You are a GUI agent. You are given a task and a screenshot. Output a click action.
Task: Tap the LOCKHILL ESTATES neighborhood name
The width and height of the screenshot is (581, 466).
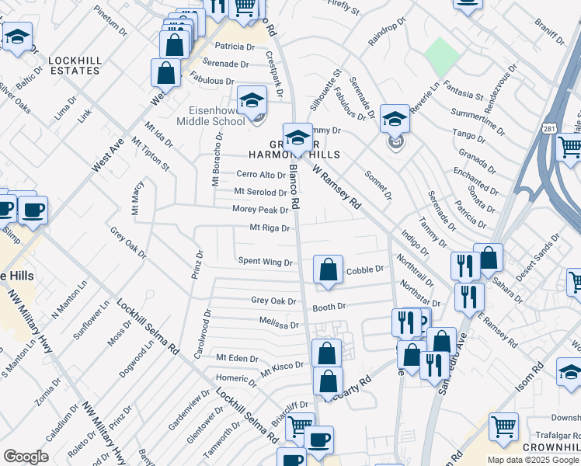pyautogui.click(x=74, y=65)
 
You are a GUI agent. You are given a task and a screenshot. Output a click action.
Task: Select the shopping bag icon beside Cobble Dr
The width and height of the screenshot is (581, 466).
pyautogui.click(x=329, y=270)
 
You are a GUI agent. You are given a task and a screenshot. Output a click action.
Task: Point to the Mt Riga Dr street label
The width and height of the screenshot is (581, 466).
pyautogui.click(x=269, y=228)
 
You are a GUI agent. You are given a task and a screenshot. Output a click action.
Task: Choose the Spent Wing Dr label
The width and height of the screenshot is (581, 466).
pyautogui.click(x=265, y=263)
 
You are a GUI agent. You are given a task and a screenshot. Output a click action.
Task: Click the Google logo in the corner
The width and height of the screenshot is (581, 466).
pyautogui.click(x=25, y=457)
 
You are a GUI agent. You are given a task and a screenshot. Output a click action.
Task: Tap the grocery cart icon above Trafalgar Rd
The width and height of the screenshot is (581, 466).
pyautogui.click(x=503, y=426)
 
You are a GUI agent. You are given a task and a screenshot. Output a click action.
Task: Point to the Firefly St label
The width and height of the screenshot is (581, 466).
pyautogui.click(x=344, y=9)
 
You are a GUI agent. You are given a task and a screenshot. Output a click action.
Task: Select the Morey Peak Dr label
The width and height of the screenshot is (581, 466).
pyautogui.click(x=260, y=210)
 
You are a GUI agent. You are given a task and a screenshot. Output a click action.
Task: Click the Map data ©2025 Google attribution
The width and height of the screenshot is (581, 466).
pyautogui.click(x=532, y=460)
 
